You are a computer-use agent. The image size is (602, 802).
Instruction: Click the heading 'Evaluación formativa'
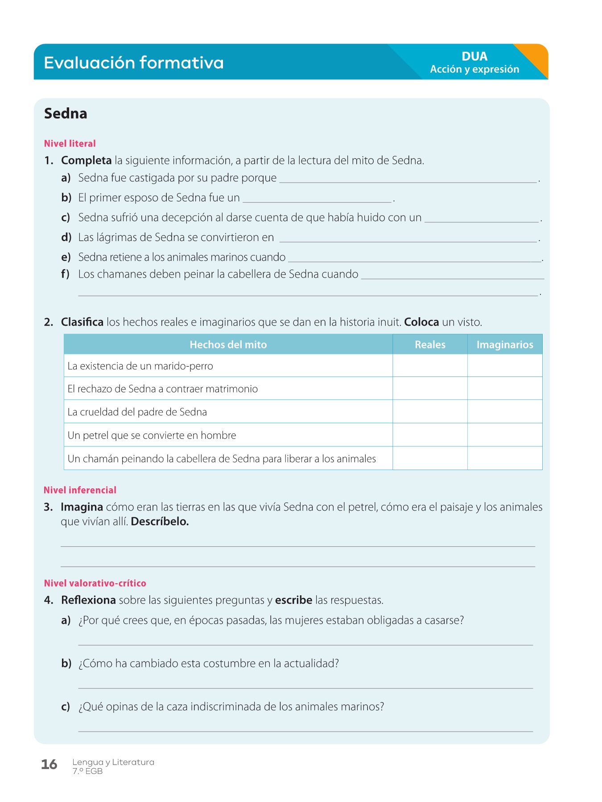click(x=133, y=62)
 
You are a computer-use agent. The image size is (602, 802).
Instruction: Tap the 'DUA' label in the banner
click(x=474, y=57)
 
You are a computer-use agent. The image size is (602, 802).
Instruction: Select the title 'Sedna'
click(x=66, y=114)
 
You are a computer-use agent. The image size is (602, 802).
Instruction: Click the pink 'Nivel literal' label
click(x=70, y=143)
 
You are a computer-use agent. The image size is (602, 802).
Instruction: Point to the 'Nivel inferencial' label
click(x=80, y=490)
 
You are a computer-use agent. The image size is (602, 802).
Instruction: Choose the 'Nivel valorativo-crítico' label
click(x=95, y=583)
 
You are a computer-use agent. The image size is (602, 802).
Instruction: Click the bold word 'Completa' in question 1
click(x=87, y=160)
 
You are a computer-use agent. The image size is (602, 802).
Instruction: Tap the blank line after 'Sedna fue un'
click(x=317, y=199)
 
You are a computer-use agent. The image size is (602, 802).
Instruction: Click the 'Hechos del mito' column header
click(x=228, y=344)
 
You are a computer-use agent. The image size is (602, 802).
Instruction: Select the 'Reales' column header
click(x=430, y=344)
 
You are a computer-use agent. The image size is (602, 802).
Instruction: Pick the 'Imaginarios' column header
click(x=505, y=344)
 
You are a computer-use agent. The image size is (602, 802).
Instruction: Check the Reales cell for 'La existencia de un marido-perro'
click(x=430, y=366)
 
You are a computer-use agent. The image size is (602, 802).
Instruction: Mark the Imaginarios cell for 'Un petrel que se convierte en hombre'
click(x=505, y=435)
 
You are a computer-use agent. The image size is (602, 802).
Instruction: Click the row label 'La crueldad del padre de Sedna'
click(x=137, y=412)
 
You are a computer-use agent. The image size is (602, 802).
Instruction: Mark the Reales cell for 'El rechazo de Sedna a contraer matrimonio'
click(x=430, y=389)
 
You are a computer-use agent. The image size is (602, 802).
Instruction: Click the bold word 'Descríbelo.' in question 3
click(x=160, y=521)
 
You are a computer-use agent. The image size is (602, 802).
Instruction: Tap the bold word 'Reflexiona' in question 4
click(x=88, y=600)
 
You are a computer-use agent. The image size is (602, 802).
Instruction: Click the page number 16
click(x=49, y=765)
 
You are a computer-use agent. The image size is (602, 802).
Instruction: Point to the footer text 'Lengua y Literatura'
click(x=113, y=762)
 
